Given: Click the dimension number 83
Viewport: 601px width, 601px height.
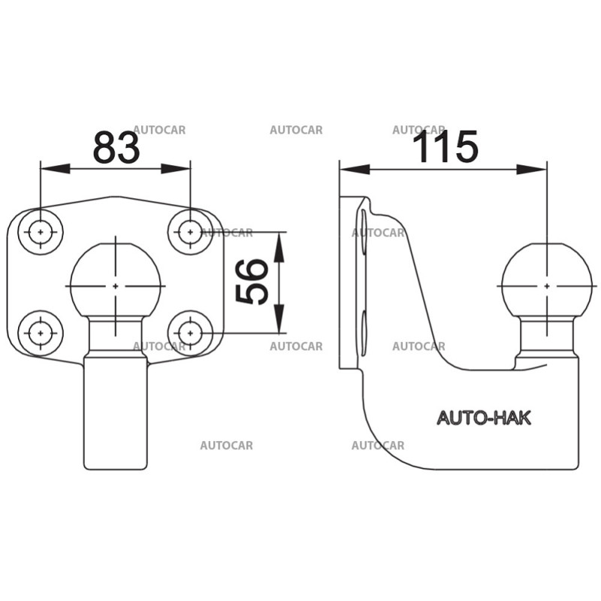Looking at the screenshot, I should [116, 148].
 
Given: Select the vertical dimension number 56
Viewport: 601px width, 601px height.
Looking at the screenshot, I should [253, 282].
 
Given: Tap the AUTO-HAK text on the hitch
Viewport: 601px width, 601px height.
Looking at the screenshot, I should [484, 418].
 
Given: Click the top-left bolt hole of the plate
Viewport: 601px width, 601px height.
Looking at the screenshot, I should [41, 232].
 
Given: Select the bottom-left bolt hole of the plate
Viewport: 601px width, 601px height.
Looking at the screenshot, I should [41, 331].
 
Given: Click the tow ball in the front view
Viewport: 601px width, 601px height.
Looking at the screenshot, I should [116, 282].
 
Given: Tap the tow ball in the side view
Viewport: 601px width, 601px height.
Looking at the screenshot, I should [546, 282].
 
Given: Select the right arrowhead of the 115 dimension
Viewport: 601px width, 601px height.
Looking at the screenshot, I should [533, 170].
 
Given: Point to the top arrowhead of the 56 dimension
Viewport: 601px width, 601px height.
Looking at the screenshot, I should [279, 245].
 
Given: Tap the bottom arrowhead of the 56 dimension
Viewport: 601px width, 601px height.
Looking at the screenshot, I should [279, 319].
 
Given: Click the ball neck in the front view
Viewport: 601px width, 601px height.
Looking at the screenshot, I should [116, 334].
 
